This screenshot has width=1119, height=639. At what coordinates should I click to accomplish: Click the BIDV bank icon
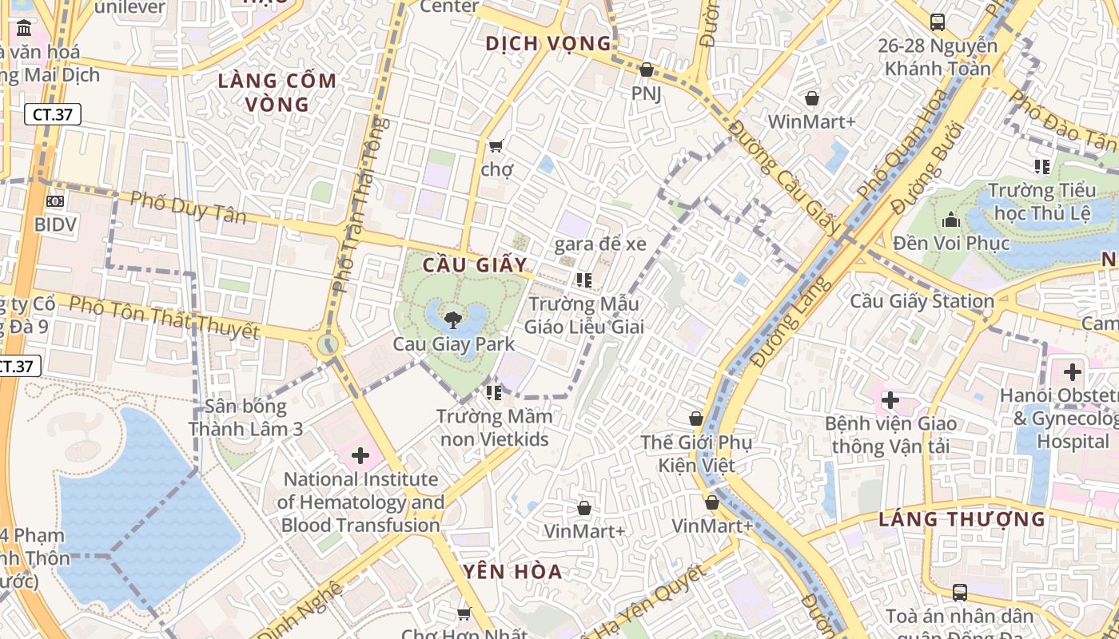tap(54, 201)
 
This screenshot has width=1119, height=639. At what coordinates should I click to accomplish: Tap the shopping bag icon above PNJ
tap(646, 70)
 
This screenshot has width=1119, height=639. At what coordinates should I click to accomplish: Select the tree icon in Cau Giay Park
tap(452, 320)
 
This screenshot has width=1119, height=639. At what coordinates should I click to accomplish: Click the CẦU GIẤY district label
tap(475, 265)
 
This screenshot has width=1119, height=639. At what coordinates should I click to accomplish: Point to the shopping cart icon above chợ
tap(496, 146)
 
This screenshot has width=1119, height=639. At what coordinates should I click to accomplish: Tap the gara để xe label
tap(600, 244)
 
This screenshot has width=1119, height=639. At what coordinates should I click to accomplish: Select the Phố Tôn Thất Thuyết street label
tap(164, 317)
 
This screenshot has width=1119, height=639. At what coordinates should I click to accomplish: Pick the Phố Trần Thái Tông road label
tap(360, 204)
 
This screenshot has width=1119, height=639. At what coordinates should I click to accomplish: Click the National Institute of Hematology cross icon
tap(360, 455)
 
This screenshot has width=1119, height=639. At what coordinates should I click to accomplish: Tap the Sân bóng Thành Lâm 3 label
tap(245, 417)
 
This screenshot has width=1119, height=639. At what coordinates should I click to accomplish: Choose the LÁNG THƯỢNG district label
tap(962, 519)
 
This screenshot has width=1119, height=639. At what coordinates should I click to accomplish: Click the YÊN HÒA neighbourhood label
tap(512, 572)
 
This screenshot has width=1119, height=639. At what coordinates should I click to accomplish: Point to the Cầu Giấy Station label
tap(922, 301)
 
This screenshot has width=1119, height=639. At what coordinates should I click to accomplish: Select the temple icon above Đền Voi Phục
tap(951, 219)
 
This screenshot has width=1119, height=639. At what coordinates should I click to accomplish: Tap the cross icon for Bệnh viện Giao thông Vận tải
tap(890, 400)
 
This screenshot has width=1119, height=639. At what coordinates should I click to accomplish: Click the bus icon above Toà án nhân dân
tap(960, 593)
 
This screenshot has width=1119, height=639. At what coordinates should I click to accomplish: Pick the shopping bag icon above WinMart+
tap(812, 98)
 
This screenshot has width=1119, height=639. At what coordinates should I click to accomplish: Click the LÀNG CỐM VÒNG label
tap(277, 93)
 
